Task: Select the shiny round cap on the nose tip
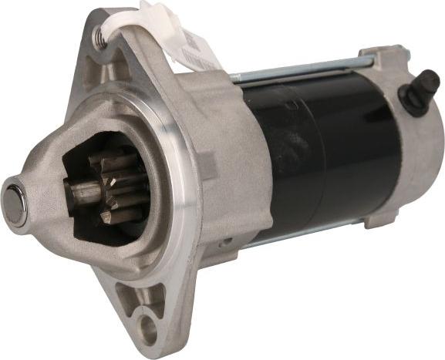tap(15, 202)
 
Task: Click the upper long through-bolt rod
tap(308, 69)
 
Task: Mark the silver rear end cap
tap(413, 154)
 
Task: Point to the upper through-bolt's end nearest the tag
tap(235, 77)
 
